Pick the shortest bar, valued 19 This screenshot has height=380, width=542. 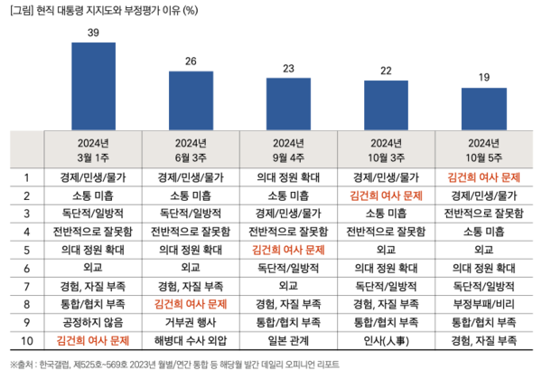[x=482, y=109]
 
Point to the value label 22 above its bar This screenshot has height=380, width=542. [x=385, y=71]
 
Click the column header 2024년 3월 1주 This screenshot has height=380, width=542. [x=94, y=148]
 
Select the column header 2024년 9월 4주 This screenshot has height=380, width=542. [x=287, y=148]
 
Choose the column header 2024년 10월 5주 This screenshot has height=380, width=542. [x=482, y=148]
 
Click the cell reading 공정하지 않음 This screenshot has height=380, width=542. [x=94, y=322]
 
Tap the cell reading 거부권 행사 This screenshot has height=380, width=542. [x=191, y=322]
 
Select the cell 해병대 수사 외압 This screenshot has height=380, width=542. [x=191, y=341]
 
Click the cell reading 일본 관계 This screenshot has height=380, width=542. [x=287, y=341]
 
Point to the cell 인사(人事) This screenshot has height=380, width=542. [x=385, y=341]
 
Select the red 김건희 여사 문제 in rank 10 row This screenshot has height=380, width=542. [x=94, y=341]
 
